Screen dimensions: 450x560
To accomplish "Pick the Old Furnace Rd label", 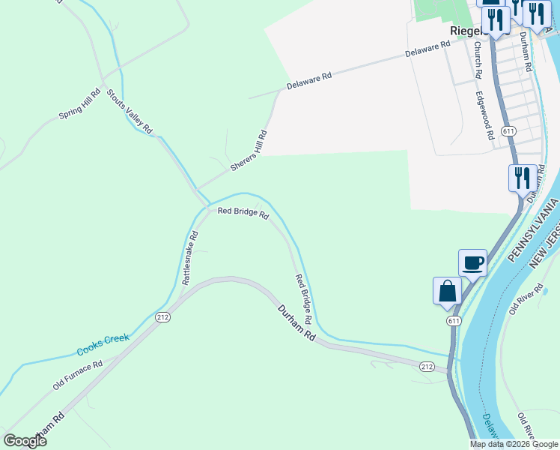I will pos(77,375).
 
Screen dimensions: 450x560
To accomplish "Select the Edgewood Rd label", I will pos(487,116).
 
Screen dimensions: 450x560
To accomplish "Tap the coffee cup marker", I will pos(472,263).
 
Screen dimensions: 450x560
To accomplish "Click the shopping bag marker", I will pos(447,291).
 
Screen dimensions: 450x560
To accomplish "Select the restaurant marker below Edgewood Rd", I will pos(522,178).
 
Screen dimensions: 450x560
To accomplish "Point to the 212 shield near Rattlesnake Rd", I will pos(163,317).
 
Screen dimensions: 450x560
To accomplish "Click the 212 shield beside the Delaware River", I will pos(427,366).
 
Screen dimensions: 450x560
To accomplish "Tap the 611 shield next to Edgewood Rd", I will pos(509,131).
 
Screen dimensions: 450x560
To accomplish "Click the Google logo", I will pos(25,441).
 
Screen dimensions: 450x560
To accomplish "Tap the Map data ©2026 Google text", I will pos(514,444).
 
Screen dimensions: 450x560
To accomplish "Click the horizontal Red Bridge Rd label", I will pos(243,214).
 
